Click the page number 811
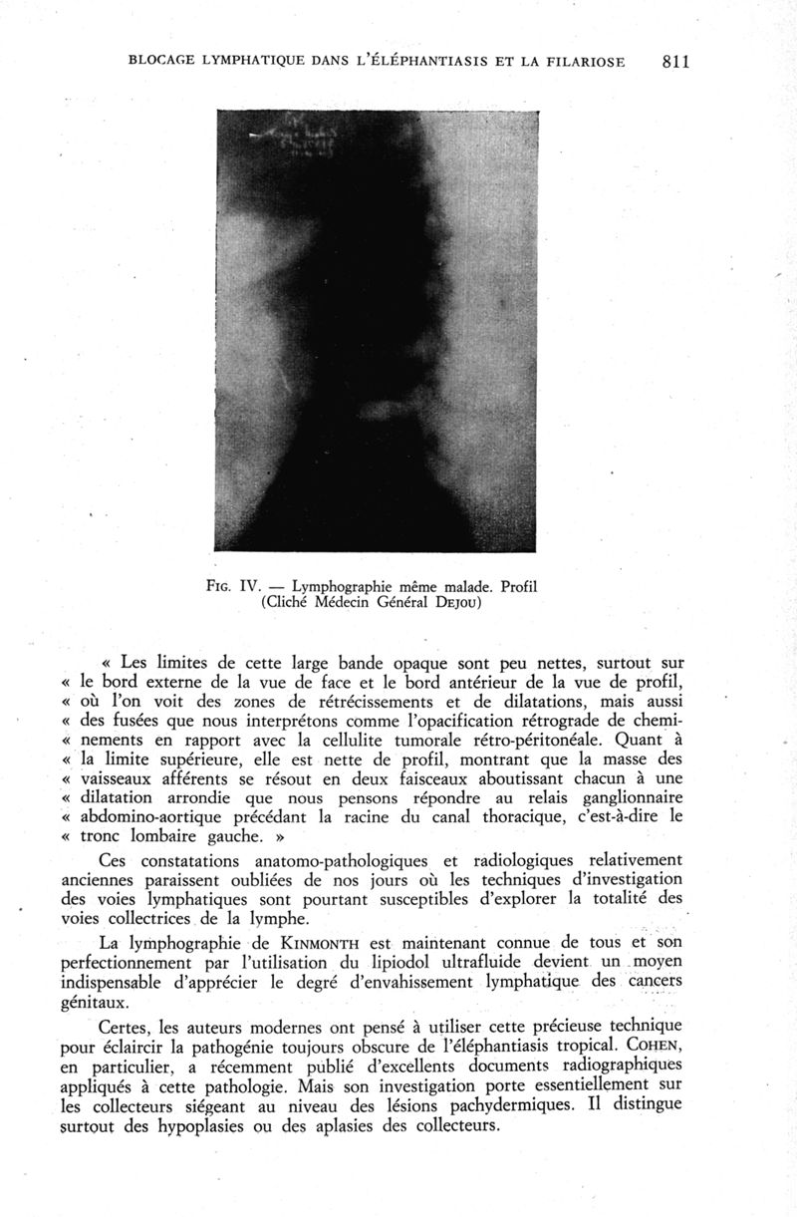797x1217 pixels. (x=675, y=61)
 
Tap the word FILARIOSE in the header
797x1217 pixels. (x=581, y=62)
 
